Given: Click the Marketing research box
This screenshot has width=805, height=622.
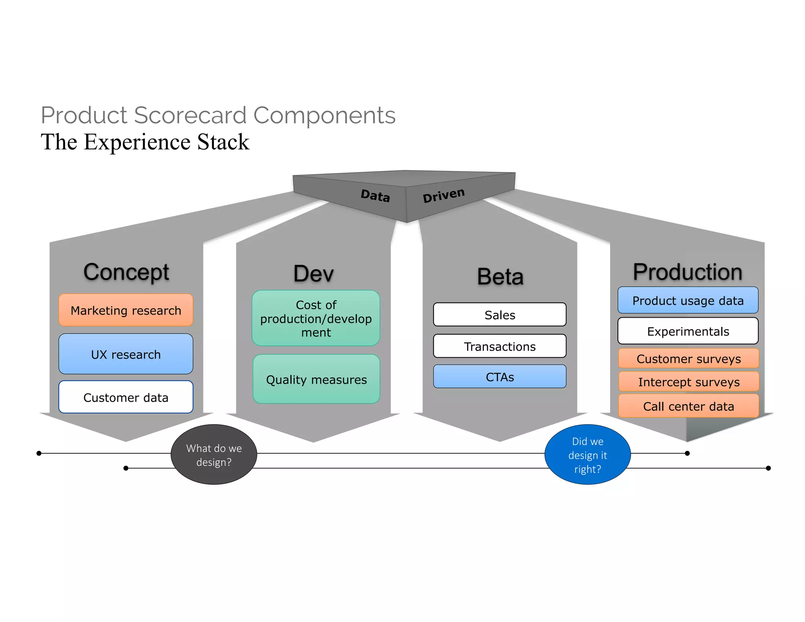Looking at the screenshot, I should tap(126, 310).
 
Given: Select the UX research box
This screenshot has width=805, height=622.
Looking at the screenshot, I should tap(126, 354).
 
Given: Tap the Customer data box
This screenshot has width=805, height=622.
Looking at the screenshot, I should tap(126, 397).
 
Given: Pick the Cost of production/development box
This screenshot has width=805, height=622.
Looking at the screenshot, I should tap(316, 318).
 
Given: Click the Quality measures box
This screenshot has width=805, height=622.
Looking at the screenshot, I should tap(316, 379).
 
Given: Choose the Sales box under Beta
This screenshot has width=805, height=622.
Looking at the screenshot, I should tap(500, 315).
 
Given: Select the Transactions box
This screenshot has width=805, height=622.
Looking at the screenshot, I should tap(500, 346).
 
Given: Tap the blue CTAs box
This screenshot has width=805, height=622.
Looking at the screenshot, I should tap(500, 377).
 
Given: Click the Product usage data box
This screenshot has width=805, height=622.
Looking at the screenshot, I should tap(688, 300).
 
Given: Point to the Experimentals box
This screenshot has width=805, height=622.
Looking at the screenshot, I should tap(688, 331).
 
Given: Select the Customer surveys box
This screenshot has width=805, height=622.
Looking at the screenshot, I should tap(689, 358).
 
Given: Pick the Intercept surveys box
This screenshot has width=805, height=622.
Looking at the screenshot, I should tap(689, 381).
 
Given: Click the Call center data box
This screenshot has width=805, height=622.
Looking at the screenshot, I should tap(689, 406).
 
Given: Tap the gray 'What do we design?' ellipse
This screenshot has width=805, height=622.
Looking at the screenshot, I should tap(214, 455).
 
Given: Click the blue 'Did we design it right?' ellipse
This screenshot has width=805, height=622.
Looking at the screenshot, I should tap(588, 455).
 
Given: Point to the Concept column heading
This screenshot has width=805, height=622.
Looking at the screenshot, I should tap(126, 272).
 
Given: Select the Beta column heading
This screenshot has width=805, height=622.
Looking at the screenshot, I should tap(500, 276).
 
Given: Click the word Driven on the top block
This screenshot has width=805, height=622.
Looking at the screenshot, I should tap(443, 195).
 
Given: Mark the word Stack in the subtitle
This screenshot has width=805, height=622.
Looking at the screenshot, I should tap(223, 142).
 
